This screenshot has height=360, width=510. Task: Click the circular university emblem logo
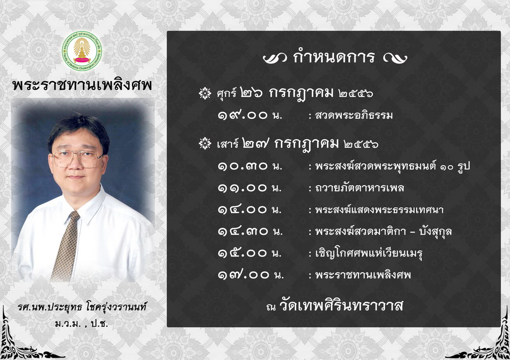click(x=82, y=52)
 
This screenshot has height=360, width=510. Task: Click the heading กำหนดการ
click(x=335, y=57)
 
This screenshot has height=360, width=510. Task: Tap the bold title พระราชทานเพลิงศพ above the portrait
click(x=82, y=85)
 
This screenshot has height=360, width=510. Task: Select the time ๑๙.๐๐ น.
click(x=250, y=115)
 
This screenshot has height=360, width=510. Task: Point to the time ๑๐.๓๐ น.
click(x=250, y=166)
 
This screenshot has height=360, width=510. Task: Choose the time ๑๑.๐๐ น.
click(x=250, y=188)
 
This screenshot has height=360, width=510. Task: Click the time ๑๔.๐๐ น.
click(x=250, y=210)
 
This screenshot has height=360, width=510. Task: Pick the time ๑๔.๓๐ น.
click(x=250, y=231)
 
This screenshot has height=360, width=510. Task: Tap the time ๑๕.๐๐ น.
click(x=250, y=253)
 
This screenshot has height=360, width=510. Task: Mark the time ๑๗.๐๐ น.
click(x=251, y=275)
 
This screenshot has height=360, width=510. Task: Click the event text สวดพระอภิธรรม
click(x=354, y=115)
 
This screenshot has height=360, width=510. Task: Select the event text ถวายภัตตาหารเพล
click(x=360, y=188)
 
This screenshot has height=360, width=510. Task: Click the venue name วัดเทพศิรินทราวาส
click(x=341, y=305)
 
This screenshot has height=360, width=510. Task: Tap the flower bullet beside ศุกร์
click(x=205, y=93)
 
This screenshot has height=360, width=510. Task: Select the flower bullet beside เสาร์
click(x=205, y=143)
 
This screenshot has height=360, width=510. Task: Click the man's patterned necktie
click(x=66, y=246)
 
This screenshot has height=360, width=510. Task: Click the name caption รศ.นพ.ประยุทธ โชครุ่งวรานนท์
click(x=82, y=306)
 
